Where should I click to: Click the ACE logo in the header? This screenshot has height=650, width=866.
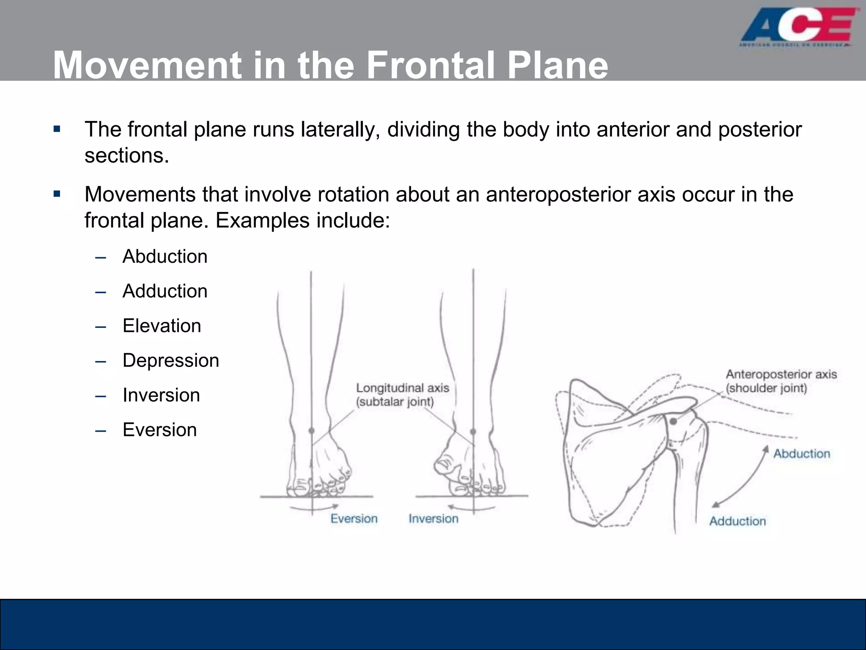tap(799, 28)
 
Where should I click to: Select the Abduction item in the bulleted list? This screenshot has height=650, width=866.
tap(165, 256)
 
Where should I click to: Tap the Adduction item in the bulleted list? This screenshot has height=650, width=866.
tap(165, 291)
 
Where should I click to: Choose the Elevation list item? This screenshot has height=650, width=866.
tap(162, 326)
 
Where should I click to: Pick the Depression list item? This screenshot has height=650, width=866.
tap(171, 361)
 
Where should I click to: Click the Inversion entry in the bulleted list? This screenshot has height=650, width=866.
tap(161, 395)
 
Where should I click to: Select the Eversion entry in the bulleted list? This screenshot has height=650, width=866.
tap(159, 430)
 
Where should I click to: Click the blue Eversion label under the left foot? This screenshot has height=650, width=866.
tap(354, 519)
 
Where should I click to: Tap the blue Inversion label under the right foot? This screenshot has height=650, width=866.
tap(433, 519)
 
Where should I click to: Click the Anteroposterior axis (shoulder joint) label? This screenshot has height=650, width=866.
tap(781, 381)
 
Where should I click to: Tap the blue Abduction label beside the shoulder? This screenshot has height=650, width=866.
tap(802, 454)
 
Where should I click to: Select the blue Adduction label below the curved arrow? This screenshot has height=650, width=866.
tap(737, 521)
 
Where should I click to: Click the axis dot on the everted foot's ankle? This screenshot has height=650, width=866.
tap(312, 431)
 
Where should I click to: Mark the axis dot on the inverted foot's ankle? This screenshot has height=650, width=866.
tap(473, 432)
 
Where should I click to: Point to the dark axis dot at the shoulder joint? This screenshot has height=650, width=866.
tap(673, 421)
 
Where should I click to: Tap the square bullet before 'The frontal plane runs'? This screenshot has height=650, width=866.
tap(57, 129)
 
